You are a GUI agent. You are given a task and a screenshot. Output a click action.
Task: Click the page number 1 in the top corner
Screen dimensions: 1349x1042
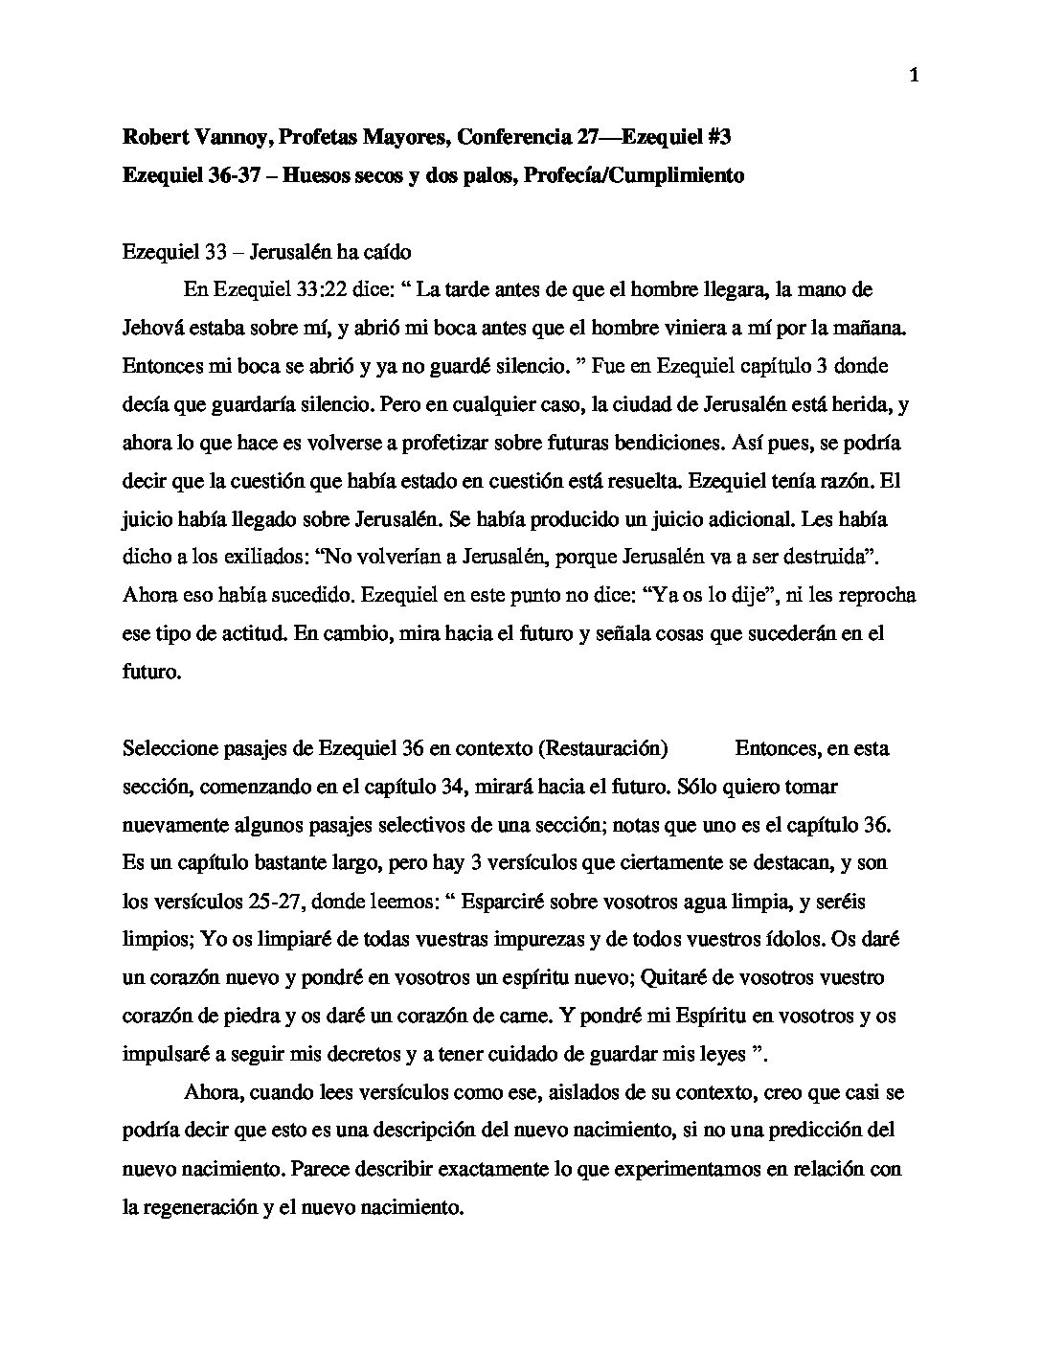[x=913, y=77]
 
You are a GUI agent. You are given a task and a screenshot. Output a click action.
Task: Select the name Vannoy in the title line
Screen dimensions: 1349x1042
[x=215, y=137]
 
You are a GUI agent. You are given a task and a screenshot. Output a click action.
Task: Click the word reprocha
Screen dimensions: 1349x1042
[x=876, y=595]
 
